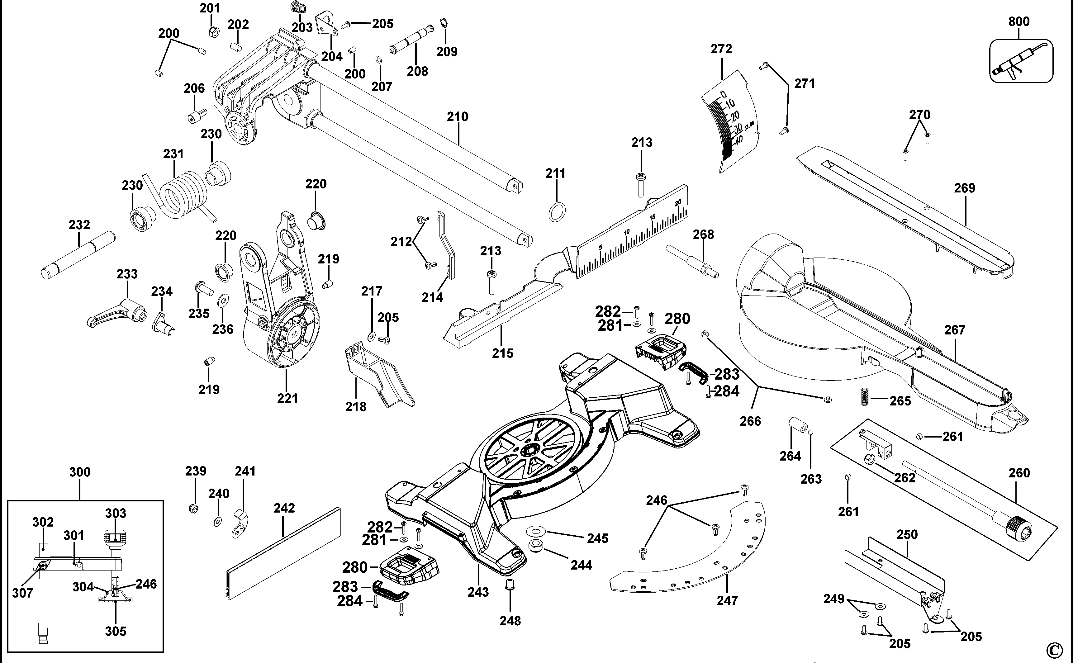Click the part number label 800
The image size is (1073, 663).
[x=1018, y=21]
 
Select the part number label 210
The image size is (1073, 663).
[x=457, y=117]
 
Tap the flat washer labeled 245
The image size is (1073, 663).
[x=534, y=531]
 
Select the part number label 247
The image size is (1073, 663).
[x=727, y=600]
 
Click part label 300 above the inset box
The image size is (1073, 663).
[x=80, y=472]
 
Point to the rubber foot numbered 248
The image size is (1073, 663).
[x=510, y=585]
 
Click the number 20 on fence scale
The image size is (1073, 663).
[x=678, y=203]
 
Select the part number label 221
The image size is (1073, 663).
[x=287, y=398]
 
